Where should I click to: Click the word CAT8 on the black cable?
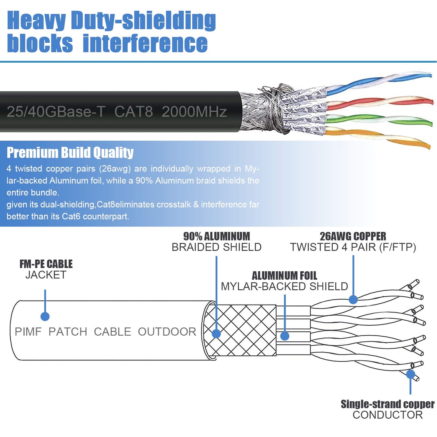pos(133,112)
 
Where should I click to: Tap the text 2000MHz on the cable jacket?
pos(194,112)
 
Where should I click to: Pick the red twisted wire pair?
pos(378,102)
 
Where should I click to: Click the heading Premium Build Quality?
pos(70,152)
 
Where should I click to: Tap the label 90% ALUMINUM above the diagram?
pos(217,236)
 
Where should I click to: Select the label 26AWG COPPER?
pos(353,236)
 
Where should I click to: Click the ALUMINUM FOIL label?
pos(284,276)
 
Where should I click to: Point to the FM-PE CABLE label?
pos(46,264)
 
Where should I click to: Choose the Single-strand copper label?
pos(387,404)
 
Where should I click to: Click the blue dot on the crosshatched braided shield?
pos(216,334)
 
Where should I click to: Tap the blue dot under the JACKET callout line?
pos(45,316)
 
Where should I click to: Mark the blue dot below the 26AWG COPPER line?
pos(353,299)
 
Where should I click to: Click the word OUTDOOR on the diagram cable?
pos(167,332)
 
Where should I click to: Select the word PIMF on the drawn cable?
pos(28,332)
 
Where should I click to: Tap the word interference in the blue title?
pos(145,43)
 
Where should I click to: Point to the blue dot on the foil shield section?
pos(285,336)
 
